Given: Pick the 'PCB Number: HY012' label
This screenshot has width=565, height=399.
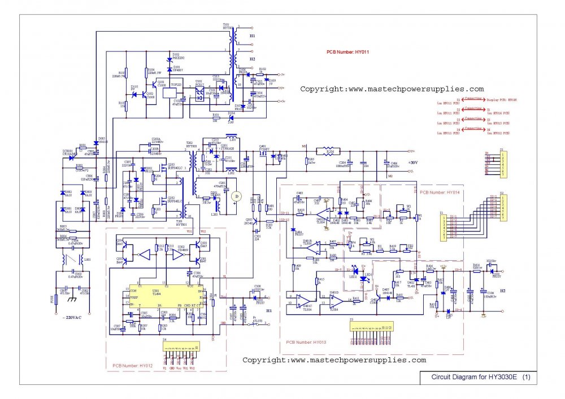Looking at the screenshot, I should tap(133, 366).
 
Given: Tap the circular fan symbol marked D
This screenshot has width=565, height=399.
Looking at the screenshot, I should tap(237, 196).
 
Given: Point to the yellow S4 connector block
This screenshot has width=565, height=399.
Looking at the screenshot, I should tap(180, 346).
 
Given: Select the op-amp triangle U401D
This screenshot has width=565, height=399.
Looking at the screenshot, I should tap(334, 302).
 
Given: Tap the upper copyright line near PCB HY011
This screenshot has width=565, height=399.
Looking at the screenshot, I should tap(392, 89).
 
